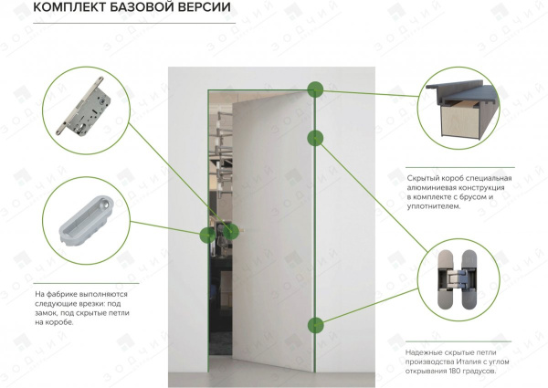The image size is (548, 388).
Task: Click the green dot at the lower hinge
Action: (x=316, y=324)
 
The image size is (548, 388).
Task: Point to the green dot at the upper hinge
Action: (x=316, y=138)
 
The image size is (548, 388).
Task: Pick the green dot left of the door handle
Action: (x=206, y=233)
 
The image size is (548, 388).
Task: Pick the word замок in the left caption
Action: (x=47, y=311)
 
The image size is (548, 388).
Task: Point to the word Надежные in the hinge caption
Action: (x=422, y=351)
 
